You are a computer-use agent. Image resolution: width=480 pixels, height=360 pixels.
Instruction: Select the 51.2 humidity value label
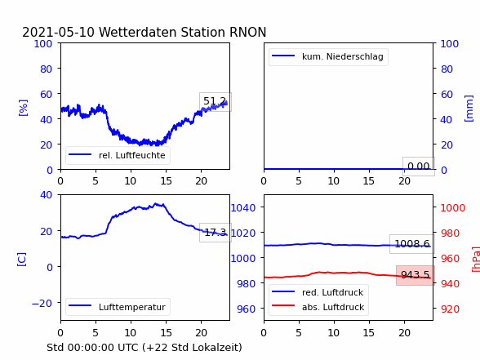[x=215, y=101]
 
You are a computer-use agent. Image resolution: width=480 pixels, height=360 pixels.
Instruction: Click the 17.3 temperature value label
[x=216, y=233]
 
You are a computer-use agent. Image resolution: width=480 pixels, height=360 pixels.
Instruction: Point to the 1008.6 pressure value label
[x=412, y=243]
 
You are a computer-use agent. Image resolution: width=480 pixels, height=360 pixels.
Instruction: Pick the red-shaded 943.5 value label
[x=415, y=275]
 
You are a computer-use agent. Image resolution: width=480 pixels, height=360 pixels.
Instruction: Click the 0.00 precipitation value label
[x=419, y=167]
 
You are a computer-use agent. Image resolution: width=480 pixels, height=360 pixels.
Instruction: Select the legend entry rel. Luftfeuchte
[x=118, y=155]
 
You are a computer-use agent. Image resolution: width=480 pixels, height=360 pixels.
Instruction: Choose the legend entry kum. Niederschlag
[x=328, y=56]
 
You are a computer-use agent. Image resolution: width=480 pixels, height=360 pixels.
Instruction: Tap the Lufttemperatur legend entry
[x=118, y=307]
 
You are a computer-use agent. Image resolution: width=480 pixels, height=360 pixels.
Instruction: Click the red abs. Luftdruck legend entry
[x=318, y=307]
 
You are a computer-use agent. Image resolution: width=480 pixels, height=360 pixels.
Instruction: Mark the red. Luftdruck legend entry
[x=318, y=292]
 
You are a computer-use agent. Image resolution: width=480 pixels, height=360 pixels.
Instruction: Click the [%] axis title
[x=23, y=108]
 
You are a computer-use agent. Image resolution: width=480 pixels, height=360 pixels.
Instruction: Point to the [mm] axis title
[x=469, y=109]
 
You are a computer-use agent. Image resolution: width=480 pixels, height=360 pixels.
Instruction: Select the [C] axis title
[x=21, y=260]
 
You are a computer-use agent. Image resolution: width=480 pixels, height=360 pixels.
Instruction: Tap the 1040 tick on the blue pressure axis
[x=243, y=208]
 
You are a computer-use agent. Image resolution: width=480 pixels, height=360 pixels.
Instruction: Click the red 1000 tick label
[x=453, y=208]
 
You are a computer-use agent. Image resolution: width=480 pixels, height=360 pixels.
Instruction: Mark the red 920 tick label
[x=450, y=309]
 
